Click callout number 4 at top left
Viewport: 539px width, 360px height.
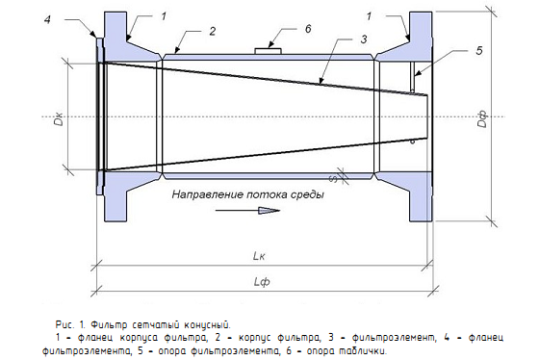click(x=47, y=20)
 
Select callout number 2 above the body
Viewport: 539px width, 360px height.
click(x=213, y=32)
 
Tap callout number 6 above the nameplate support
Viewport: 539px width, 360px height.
click(x=308, y=29)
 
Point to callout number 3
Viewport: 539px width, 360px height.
click(x=364, y=39)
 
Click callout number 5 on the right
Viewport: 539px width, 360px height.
click(x=479, y=51)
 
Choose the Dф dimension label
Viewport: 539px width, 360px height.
click(x=483, y=119)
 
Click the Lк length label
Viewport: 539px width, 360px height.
click(x=259, y=256)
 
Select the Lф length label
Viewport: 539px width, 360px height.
click(x=262, y=282)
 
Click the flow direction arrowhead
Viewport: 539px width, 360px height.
click(x=269, y=211)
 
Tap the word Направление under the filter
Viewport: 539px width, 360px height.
click(x=208, y=194)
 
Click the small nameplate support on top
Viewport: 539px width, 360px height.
click(x=268, y=51)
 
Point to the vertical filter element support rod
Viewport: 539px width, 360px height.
click(x=413, y=77)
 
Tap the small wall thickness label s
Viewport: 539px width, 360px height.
click(x=333, y=178)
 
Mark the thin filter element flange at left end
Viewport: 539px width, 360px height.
click(x=99, y=116)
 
